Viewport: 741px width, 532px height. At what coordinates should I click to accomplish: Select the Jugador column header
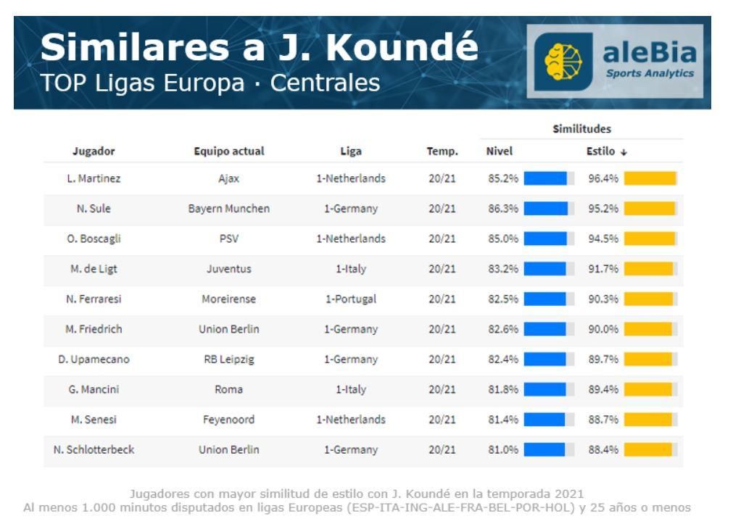coord(94,151)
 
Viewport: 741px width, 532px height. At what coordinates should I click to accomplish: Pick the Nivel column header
coord(500,151)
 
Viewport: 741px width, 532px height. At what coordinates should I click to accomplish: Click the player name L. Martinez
coord(94,179)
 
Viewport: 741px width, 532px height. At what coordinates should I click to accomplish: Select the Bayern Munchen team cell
coord(229,209)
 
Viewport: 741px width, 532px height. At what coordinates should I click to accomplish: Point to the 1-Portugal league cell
coord(351,299)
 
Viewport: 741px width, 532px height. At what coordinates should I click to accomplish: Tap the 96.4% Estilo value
coord(603,179)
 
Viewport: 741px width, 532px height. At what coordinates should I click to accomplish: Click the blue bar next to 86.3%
coord(545,209)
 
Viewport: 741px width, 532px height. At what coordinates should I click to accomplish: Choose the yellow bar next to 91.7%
coord(648,269)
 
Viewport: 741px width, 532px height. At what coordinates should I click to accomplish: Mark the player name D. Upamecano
coord(94,359)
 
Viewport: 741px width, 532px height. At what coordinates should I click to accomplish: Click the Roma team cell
coord(229,389)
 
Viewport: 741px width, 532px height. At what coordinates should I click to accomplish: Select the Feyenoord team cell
coord(229,420)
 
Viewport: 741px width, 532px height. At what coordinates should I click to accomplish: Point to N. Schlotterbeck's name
coord(94,449)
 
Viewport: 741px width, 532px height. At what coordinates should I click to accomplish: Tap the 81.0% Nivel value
coord(502,449)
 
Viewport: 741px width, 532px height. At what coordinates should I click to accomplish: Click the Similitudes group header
coord(581,129)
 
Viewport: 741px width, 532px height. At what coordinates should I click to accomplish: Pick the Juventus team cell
coord(229,269)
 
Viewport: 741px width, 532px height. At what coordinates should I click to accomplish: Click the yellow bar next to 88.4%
coord(647,449)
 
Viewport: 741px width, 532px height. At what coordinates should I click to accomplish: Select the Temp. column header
coord(442,151)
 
